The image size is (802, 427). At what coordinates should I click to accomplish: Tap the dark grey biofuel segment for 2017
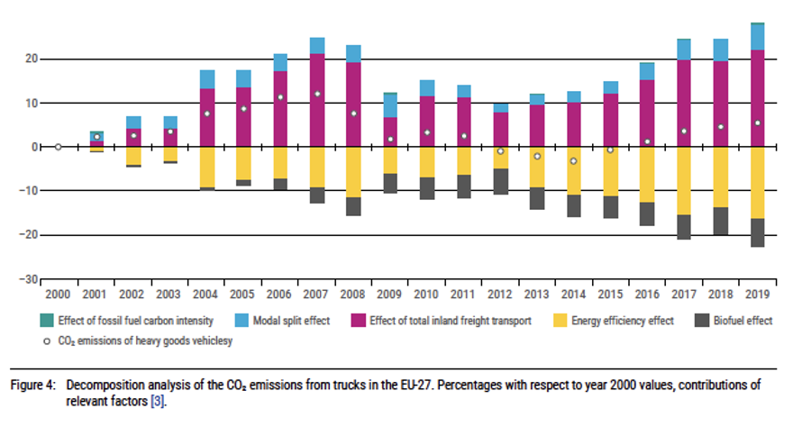tap(684, 227)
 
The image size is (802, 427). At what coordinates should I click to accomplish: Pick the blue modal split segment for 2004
tap(207, 79)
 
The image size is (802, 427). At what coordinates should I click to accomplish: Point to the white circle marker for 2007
tap(317, 94)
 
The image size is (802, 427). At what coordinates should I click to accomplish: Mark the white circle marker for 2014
tap(573, 161)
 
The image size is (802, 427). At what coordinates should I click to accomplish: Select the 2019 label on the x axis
tap(757, 293)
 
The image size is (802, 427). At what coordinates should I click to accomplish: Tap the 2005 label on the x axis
tap(243, 293)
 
